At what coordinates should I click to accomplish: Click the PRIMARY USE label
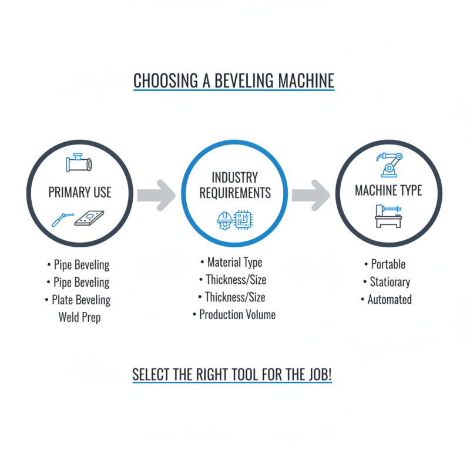[x=80, y=193]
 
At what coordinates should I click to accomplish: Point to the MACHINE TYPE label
[x=388, y=191]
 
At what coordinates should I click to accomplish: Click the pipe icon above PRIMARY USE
[x=79, y=163]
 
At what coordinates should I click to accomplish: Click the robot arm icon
[x=388, y=163]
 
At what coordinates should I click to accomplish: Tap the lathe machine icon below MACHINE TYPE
[x=388, y=216]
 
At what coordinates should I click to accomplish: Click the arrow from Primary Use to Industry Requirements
[x=156, y=194]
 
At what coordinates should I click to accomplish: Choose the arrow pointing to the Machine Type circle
[x=311, y=194]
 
